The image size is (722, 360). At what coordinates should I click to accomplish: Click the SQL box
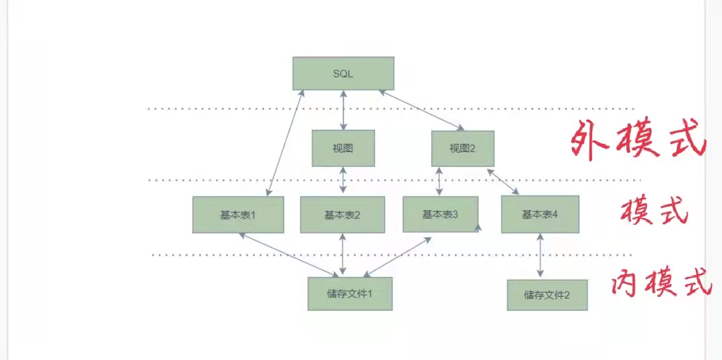[x=343, y=73]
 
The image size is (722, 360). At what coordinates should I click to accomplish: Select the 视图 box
[x=343, y=148]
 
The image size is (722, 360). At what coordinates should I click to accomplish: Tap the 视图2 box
[x=462, y=148]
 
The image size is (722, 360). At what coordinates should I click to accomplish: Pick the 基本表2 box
[x=342, y=215]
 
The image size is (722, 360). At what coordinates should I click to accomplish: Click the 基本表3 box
[x=440, y=214]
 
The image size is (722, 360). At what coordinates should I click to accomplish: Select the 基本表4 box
[x=540, y=214]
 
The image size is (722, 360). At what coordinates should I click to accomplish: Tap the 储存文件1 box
[x=350, y=293]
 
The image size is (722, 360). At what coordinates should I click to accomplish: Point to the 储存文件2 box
[x=546, y=295]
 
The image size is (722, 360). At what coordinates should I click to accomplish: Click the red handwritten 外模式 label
[x=637, y=140]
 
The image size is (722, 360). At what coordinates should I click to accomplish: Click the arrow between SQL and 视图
[x=344, y=110]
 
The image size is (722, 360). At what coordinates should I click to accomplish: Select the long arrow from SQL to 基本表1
[x=284, y=143]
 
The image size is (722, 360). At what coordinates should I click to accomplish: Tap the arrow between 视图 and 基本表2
[x=344, y=181]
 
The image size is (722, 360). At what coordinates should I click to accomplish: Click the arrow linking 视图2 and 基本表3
[x=439, y=181]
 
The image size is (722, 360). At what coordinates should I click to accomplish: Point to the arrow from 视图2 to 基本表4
[x=503, y=181]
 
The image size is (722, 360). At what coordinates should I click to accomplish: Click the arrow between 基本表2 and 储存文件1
[x=344, y=255]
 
